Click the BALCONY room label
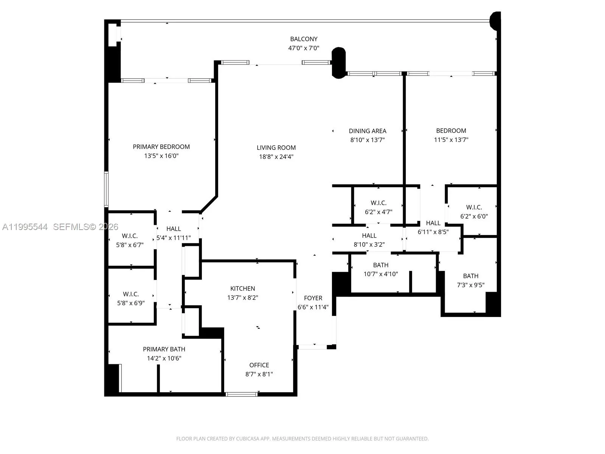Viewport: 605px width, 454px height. (x=304, y=39)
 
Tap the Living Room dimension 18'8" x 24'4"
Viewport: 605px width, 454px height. (x=276, y=157)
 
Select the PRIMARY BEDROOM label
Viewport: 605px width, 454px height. (x=161, y=147)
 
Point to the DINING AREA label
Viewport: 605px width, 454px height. (x=368, y=131)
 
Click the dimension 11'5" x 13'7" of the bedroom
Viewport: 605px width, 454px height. (x=451, y=140)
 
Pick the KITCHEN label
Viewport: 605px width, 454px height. (x=242, y=289)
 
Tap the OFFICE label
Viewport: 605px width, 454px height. (x=259, y=365)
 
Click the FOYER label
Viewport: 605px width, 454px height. (x=313, y=298)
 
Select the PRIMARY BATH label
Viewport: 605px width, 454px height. (x=164, y=349)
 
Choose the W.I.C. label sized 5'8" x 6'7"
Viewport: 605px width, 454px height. (x=130, y=236)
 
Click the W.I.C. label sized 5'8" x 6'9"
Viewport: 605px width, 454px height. (x=131, y=294)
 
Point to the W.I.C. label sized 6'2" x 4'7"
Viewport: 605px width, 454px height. (x=379, y=203)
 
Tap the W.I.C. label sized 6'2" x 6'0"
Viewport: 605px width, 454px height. (x=474, y=207)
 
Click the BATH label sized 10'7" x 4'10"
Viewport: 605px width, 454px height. (x=381, y=265)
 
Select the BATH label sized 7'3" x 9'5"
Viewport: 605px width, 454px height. (x=470, y=276)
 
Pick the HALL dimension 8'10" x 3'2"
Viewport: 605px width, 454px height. (x=369, y=244)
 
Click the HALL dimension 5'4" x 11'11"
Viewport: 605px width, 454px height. (x=174, y=238)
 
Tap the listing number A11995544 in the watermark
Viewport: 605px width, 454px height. (x=25, y=227)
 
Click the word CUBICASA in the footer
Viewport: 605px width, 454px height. (x=247, y=438)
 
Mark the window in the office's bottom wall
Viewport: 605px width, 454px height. (x=242, y=394)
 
